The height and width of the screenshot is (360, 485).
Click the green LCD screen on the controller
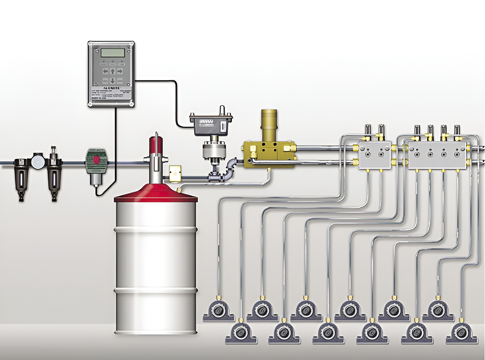click(x=113, y=52)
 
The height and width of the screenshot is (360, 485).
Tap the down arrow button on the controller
click(x=113, y=80)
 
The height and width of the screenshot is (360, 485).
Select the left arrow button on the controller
click(x=105, y=71)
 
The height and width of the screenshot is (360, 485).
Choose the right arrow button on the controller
click(x=120, y=71)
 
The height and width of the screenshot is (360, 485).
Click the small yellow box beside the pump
click(x=175, y=174)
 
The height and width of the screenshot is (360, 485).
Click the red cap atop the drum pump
click(x=156, y=144)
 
